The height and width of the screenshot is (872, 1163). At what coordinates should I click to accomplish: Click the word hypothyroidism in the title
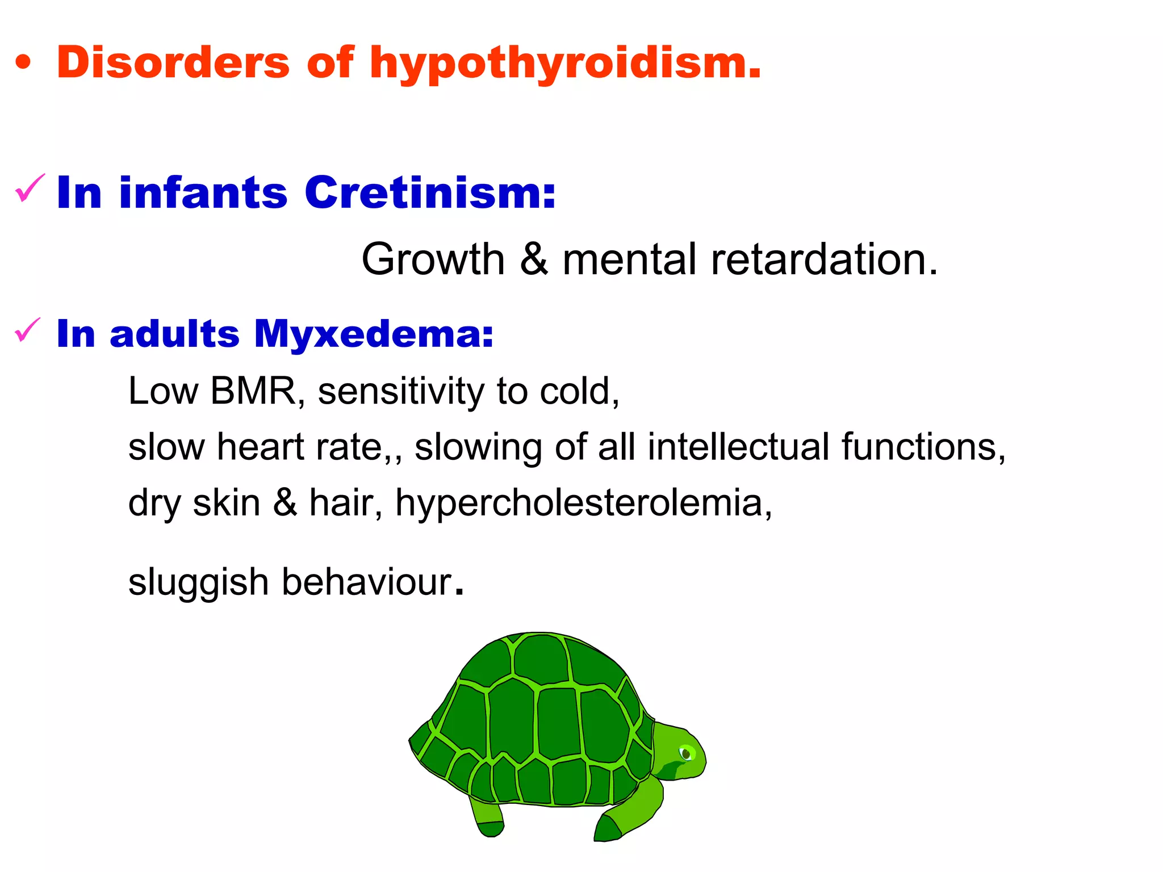(x=564, y=64)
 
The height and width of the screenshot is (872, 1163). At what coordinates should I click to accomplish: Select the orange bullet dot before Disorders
(x=23, y=63)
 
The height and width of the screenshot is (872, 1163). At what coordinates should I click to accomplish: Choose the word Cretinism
(x=430, y=192)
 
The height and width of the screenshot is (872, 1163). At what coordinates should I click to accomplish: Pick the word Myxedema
(x=374, y=334)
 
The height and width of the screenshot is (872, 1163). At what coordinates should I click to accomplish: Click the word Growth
(x=433, y=259)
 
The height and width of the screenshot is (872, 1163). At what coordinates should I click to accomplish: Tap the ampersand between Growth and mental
(x=534, y=259)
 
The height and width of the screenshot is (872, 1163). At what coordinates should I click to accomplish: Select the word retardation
(x=824, y=259)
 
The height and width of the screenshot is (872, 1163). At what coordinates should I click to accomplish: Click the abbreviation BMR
(x=253, y=391)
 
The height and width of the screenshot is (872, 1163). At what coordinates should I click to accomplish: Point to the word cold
(x=579, y=391)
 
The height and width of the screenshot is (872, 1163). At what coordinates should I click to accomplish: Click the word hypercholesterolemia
(x=583, y=503)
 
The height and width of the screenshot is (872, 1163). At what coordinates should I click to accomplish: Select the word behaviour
(x=367, y=582)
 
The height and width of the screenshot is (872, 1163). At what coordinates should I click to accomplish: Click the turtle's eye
(x=686, y=753)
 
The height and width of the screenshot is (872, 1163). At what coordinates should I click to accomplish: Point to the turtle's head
(x=679, y=752)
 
